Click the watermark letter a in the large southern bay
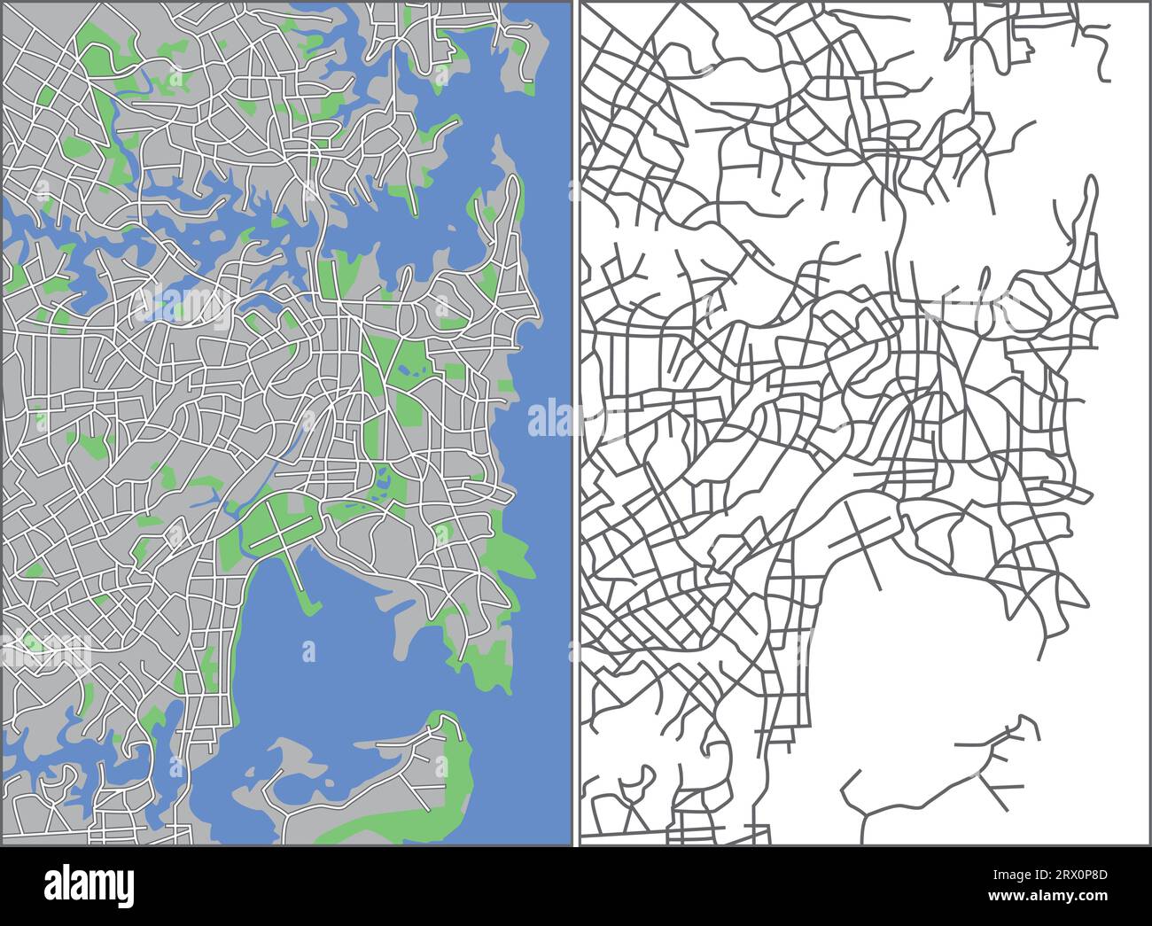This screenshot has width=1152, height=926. [308, 652]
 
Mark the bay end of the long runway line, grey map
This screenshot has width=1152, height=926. [878, 587]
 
